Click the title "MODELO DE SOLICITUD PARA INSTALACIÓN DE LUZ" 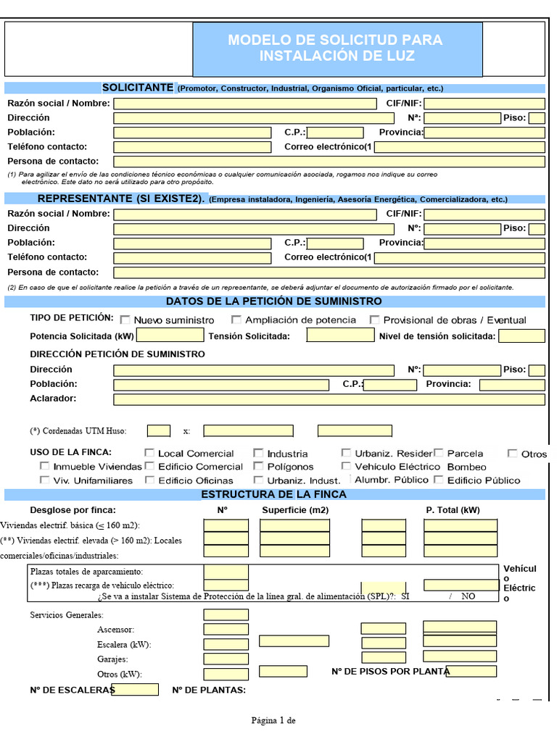(335, 48)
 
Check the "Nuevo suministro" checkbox (125, 320)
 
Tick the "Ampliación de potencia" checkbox (236, 320)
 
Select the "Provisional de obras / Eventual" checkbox (375, 320)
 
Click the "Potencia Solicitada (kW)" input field (170, 335)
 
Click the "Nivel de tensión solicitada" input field (521, 335)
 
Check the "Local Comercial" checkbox (150, 453)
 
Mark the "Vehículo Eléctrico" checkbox (347, 466)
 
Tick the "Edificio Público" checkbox (439, 479)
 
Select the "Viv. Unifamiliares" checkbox (45, 480)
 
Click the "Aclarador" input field (329, 399)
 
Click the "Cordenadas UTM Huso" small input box (159, 430)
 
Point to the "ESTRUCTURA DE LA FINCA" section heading (273, 494)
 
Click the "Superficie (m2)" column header (295, 509)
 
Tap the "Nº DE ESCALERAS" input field (135, 689)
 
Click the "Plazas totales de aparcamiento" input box (226, 572)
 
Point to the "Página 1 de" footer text (273, 720)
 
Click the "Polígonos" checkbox (259, 466)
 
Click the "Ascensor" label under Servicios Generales (115, 630)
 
